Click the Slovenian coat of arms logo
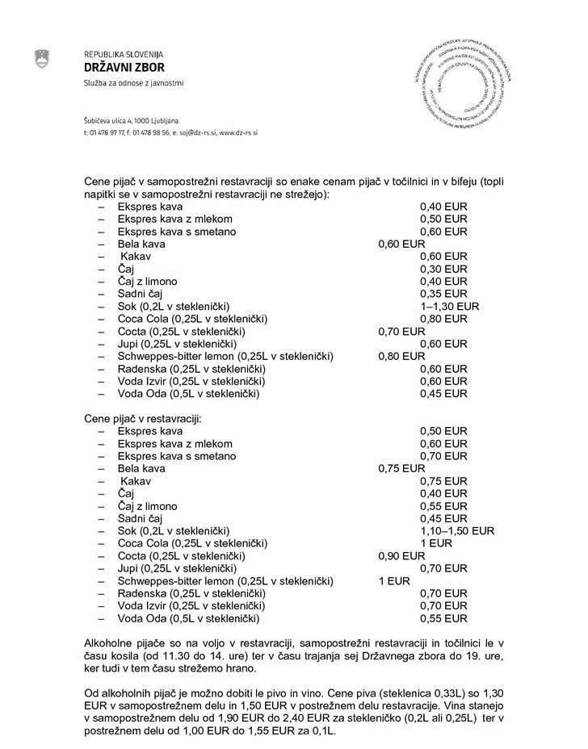coord(42,59)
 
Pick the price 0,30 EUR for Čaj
coord(443,269)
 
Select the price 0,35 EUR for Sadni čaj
coord(443,293)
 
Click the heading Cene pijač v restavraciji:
coord(143,419)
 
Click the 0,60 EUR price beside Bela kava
coord(401,244)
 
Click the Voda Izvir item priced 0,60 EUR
coord(191,381)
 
